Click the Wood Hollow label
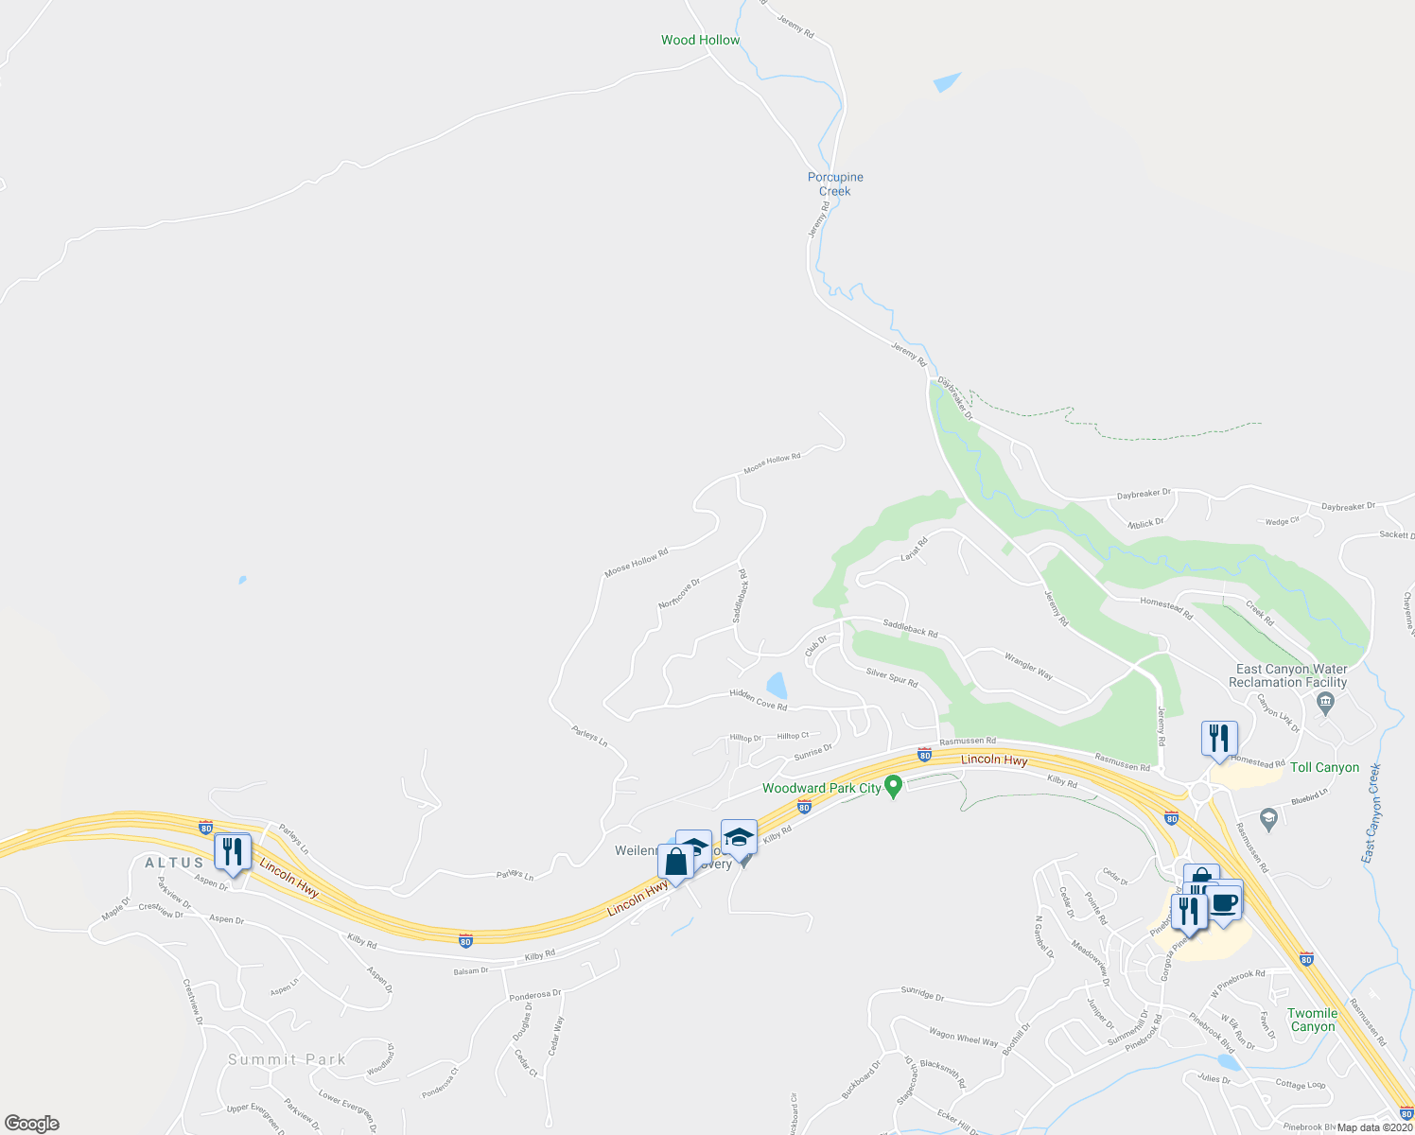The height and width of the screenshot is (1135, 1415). pyautogui.click(x=700, y=40)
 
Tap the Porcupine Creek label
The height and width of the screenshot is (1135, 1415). pyautogui.click(x=835, y=183)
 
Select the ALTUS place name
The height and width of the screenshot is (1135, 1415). pyautogui.click(x=174, y=863)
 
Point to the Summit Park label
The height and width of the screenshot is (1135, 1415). pyautogui.click(x=287, y=1059)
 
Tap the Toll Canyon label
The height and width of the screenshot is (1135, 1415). pyautogui.click(x=1324, y=767)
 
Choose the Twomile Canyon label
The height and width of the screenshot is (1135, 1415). pyautogui.click(x=1313, y=1020)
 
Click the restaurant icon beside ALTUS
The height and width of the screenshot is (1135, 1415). pyautogui.click(x=232, y=851)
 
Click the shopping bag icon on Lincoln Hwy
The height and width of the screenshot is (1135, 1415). pyautogui.click(x=675, y=863)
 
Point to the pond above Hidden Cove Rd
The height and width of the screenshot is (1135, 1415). pyautogui.click(x=777, y=685)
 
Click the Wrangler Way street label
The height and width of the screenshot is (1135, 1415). pyautogui.click(x=1028, y=666)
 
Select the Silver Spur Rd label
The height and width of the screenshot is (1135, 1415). pyautogui.click(x=892, y=678)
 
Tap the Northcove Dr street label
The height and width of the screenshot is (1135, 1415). pyautogui.click(x=679, y=593)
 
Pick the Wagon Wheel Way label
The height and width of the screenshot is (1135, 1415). pyautogui.click(x=963, y=1039)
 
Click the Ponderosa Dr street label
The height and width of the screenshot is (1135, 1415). pyautogui.click(x=535, y=995)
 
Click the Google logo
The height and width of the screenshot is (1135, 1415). pyautogui.click(x=32, y=1124)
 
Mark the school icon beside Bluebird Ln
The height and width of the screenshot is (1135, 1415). pyautogui.click(x=1268, y=816)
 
